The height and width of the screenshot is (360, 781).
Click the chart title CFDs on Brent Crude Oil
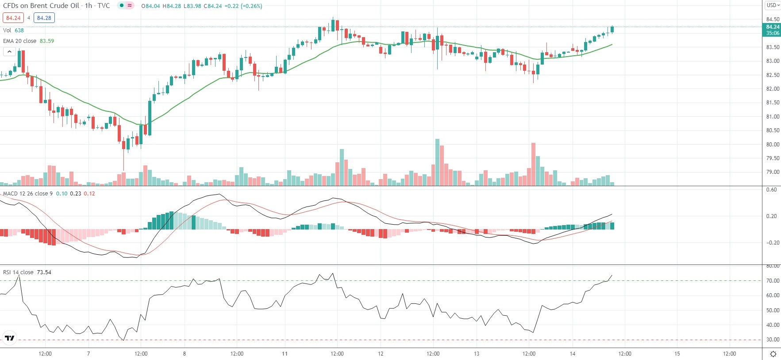click(41, 6)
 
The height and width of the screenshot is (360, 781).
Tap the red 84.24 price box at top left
click(13, 18)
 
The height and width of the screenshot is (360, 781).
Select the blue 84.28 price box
click(44, 18)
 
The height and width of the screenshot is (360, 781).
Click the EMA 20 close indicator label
click(20, 41)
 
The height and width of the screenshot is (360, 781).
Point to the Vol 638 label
click(13, 31)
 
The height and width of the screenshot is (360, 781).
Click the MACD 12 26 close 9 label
click(27, 194)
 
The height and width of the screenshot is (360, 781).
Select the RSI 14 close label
click(18, 272)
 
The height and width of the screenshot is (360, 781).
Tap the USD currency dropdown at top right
click(773, 5)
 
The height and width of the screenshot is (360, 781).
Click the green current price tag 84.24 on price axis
click(773, 30)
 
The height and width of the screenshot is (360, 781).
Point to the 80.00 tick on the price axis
click(773, 145)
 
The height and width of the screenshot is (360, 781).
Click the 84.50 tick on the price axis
click(773, 19)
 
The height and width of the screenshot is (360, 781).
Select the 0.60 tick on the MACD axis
click(771, 190)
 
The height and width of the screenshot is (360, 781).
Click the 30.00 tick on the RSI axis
click(773, 340)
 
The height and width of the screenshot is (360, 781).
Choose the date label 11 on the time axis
click(285, 354)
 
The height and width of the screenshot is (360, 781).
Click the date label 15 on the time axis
click(677, 354)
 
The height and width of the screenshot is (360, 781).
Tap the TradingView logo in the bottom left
click(9, 338)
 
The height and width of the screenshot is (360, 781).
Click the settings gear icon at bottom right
click(773, 354)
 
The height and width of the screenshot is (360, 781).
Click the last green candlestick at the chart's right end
click(612, 30)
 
